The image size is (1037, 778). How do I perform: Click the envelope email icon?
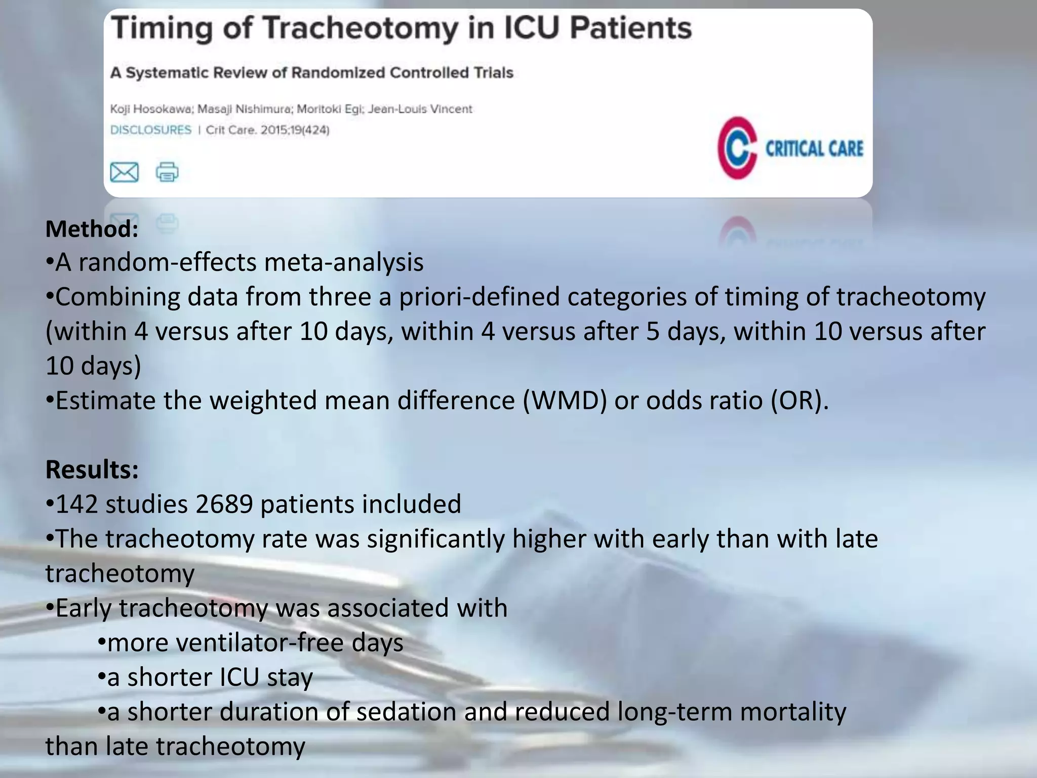(x=124, y=172)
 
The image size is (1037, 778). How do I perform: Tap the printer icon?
(x=167, y=172)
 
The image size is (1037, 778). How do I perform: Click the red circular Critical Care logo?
(x=737, y=148)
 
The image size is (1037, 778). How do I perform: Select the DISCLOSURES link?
(x=151, y=130)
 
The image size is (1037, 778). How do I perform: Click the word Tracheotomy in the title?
(x=361, y=28)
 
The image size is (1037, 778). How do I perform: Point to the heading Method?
(x=92, y=229)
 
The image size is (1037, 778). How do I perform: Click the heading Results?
(x=92, y=470)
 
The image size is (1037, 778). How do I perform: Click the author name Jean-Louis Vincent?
(x=420, y=109)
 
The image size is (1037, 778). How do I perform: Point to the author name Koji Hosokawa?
(x=150, y=109)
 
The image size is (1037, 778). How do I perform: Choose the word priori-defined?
(x=479, y=297)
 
